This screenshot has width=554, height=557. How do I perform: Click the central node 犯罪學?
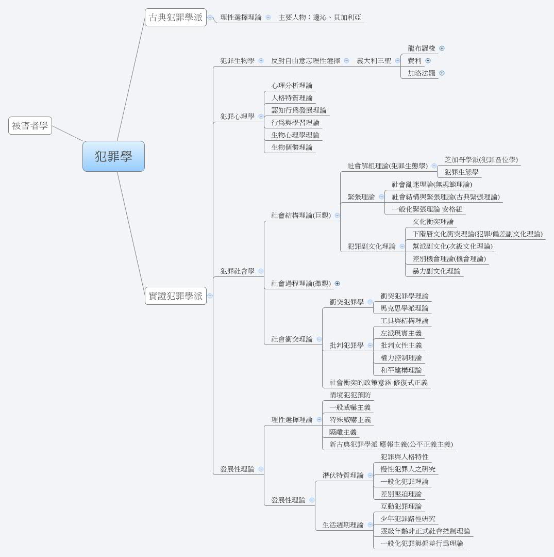pos(113,156)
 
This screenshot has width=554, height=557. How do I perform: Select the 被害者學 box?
pos(30,125)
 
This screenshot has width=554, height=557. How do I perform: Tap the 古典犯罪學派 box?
pos(175,18)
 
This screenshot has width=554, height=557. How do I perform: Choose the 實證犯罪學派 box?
pos(175,296)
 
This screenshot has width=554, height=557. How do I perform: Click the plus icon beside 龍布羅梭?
pos(442,48)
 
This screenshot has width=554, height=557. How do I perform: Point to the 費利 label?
pos(414,61)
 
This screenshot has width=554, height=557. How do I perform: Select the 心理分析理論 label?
pos(292,85)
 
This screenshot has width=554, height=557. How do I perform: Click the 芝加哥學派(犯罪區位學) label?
pos(481,159)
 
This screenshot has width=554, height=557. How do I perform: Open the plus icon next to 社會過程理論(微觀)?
pos(338,283)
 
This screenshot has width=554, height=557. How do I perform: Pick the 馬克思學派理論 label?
pos(405,308)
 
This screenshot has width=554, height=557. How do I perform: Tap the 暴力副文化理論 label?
pos(437,271)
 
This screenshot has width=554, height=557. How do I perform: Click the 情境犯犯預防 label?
pos(350,395)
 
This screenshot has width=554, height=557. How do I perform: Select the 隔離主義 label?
pos(343,432)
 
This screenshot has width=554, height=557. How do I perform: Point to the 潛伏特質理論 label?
pos(343,475)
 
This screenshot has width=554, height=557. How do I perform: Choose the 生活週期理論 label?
pos(343,525)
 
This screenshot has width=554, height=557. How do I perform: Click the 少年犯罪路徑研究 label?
pos(408,518)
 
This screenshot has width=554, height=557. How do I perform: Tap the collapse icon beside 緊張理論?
pos(381,196)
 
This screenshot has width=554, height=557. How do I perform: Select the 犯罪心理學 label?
pos(238,116)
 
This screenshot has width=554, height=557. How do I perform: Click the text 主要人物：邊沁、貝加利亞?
pos(320,18)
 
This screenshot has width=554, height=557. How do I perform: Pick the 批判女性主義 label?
pos(401,345)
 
